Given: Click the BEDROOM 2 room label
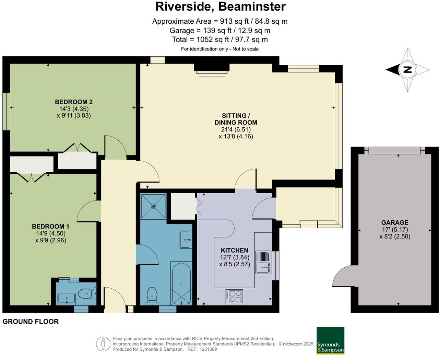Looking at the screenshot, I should [x=74, y=102].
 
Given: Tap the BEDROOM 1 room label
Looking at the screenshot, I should [x=50, y=227].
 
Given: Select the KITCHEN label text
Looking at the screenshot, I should [x=234, y=250].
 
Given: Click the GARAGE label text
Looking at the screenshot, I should [x=395, y=222].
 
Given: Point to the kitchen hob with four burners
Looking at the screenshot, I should [x=234, y=297].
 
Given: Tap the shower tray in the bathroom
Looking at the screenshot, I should [x=153, y=206].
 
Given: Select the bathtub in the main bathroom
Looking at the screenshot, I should [x=181, y=283].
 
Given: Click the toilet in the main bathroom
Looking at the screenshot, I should [x=152, y=296].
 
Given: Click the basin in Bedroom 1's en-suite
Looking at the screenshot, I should [x=66, y=298].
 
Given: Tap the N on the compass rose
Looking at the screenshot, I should [x=407, y=70].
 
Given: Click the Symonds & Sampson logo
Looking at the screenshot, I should [x=330, y=340].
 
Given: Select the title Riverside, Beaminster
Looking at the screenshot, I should [x=220, y=7].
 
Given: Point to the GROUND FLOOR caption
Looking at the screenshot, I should [x=31, y=322].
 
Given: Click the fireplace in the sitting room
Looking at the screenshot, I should [x=212, y=69].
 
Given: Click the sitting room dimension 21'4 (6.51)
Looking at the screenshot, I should [x=236, y=129].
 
